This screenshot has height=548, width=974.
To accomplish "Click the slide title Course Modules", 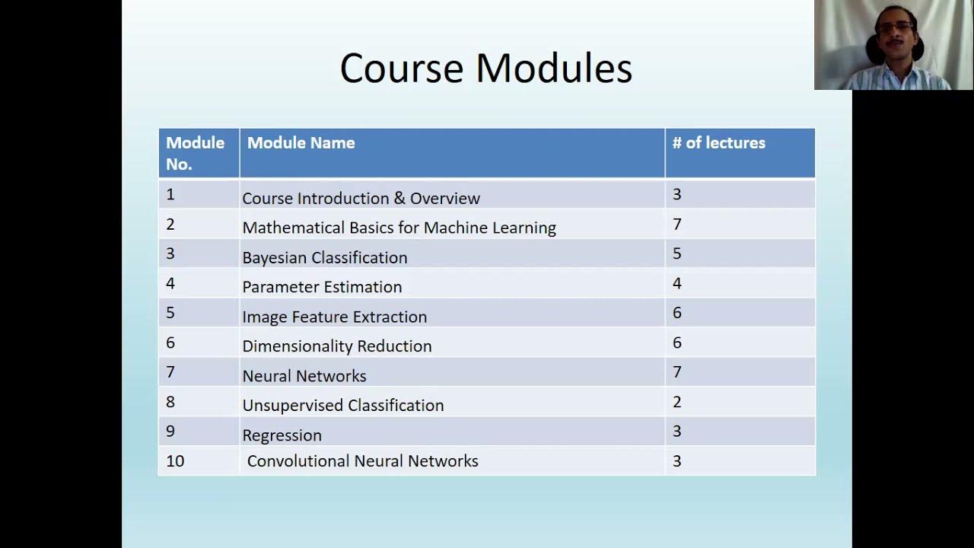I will point(485,68).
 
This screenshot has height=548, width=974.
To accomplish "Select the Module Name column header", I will point(301,143).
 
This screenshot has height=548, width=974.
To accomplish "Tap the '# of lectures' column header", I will point(718,143).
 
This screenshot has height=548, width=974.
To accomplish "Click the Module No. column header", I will point(195,153).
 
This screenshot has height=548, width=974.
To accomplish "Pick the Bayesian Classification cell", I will point(325,257).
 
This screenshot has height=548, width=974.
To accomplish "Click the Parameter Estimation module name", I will point(322,287).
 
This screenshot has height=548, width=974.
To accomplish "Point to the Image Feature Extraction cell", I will point(334,317).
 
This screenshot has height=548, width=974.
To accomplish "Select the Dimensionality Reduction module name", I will point(336,346).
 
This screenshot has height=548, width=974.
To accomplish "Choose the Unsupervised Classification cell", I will point(342,405).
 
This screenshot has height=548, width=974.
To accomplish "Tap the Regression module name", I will point(282,435).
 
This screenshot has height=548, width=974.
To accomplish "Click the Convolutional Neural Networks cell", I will point(362,461).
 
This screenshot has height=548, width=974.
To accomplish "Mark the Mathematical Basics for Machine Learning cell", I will point(399,228).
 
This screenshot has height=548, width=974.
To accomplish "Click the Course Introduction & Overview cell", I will point(361,199).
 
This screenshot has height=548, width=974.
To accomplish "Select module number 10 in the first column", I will point(175,461).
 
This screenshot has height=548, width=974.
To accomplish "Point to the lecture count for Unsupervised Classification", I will point(676,402).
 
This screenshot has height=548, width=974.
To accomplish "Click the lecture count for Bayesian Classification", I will point(676,253).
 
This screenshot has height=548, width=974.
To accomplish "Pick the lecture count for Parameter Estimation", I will point(676,283).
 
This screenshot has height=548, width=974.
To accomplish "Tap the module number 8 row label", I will point(170,402).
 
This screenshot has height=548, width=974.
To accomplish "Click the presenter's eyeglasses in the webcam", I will point(894,27).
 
